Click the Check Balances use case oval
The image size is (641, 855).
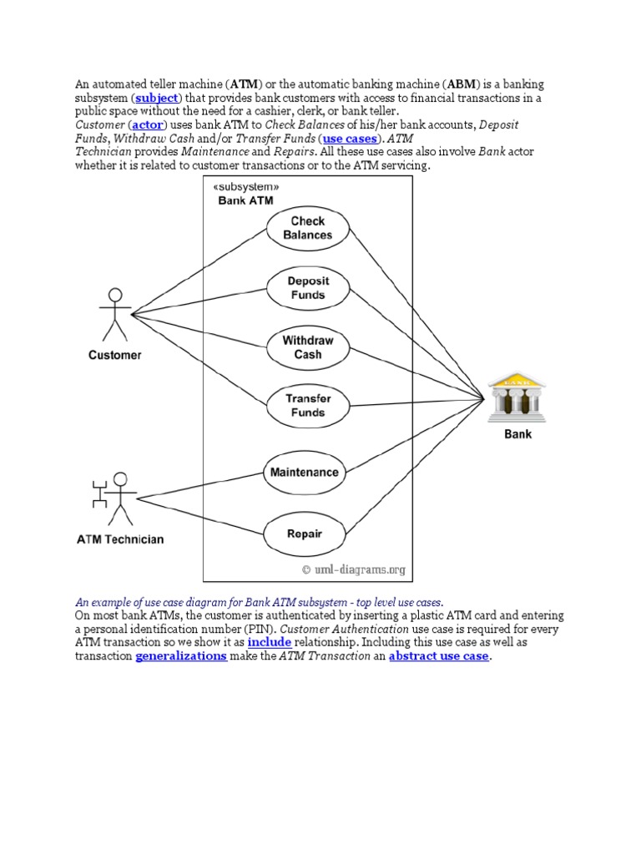[307, 228]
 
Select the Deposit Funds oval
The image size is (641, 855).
[307, 288]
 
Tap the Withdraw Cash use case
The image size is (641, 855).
[307, 347]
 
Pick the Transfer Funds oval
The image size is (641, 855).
[307, 406]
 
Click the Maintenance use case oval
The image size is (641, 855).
[305, 472]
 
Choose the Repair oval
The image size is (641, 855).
[305, 534]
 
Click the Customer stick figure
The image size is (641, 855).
[115, 314]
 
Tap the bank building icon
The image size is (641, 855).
[517, 399]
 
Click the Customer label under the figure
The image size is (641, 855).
[115, 355]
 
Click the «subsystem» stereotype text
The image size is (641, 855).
[245, 187]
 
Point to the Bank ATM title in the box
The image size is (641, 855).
[245, 200]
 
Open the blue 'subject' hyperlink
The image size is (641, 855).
[157, 99]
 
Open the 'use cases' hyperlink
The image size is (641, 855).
[350, 138]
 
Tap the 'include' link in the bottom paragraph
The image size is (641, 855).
[269, 643]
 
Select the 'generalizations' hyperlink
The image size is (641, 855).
[180, 657]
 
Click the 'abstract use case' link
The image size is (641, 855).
[438, 657]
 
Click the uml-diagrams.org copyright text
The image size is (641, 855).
[353, 570]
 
